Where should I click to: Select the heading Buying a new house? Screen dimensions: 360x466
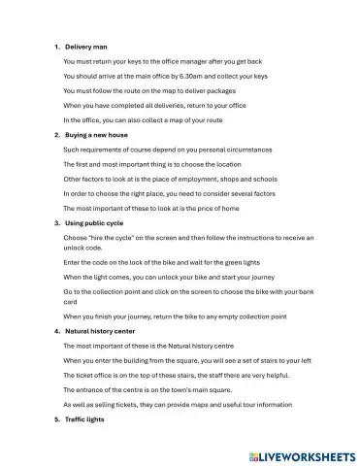(96, 134)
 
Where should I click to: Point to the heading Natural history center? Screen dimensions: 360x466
(103, 331)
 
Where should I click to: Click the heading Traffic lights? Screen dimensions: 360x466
(86, 418)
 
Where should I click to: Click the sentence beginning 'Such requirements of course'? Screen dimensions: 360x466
(166, 149)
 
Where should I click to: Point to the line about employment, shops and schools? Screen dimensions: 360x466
(169, 179)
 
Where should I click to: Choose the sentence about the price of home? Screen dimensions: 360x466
(151, 208)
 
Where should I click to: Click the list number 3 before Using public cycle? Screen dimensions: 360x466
(57, 222)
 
